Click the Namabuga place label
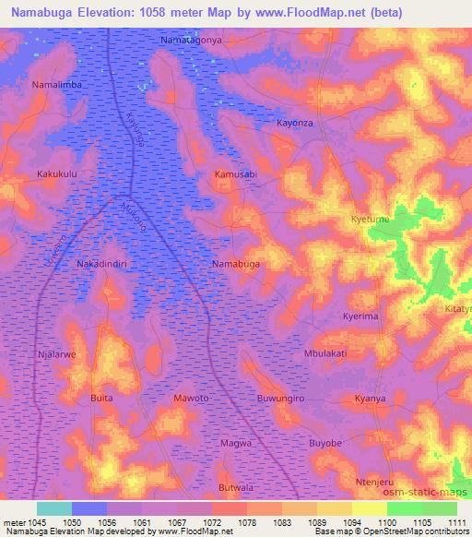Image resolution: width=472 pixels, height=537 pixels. [x=235, y=264]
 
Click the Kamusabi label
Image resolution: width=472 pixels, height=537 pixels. [x=235, y=173]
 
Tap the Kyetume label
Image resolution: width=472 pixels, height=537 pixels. [x=370, y=220]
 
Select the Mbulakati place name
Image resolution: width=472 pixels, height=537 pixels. [x=325, y=352]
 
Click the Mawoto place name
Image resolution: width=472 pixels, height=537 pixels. [x=192, y=398]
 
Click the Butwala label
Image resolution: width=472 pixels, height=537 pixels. [x=235, y=486]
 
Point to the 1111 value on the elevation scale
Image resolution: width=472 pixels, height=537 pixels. [x=456, y=522]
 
